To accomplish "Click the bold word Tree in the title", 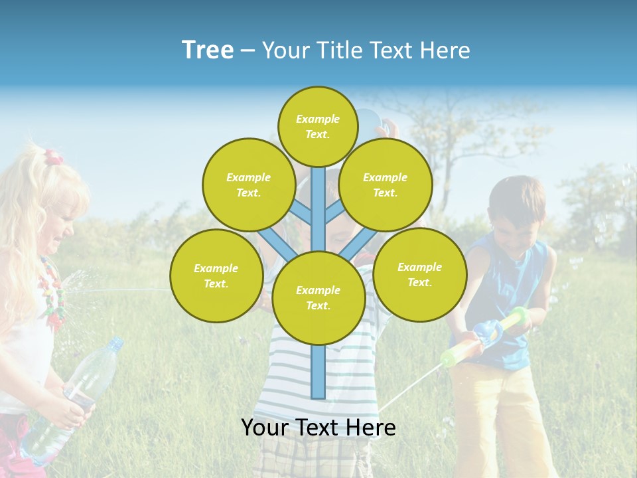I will point(208,50).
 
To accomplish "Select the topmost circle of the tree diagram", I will point(318,127).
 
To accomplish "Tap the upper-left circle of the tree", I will point(248,185).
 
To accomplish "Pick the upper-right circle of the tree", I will point(385,185).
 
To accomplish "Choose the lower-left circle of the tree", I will point(216,276).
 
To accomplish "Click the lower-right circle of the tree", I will point(419,274).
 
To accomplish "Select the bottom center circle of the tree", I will point(318,298).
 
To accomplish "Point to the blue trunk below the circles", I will point(318,372).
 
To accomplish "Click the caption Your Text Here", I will point(318,428).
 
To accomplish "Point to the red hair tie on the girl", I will point(53,158).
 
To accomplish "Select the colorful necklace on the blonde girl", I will point(53,292).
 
